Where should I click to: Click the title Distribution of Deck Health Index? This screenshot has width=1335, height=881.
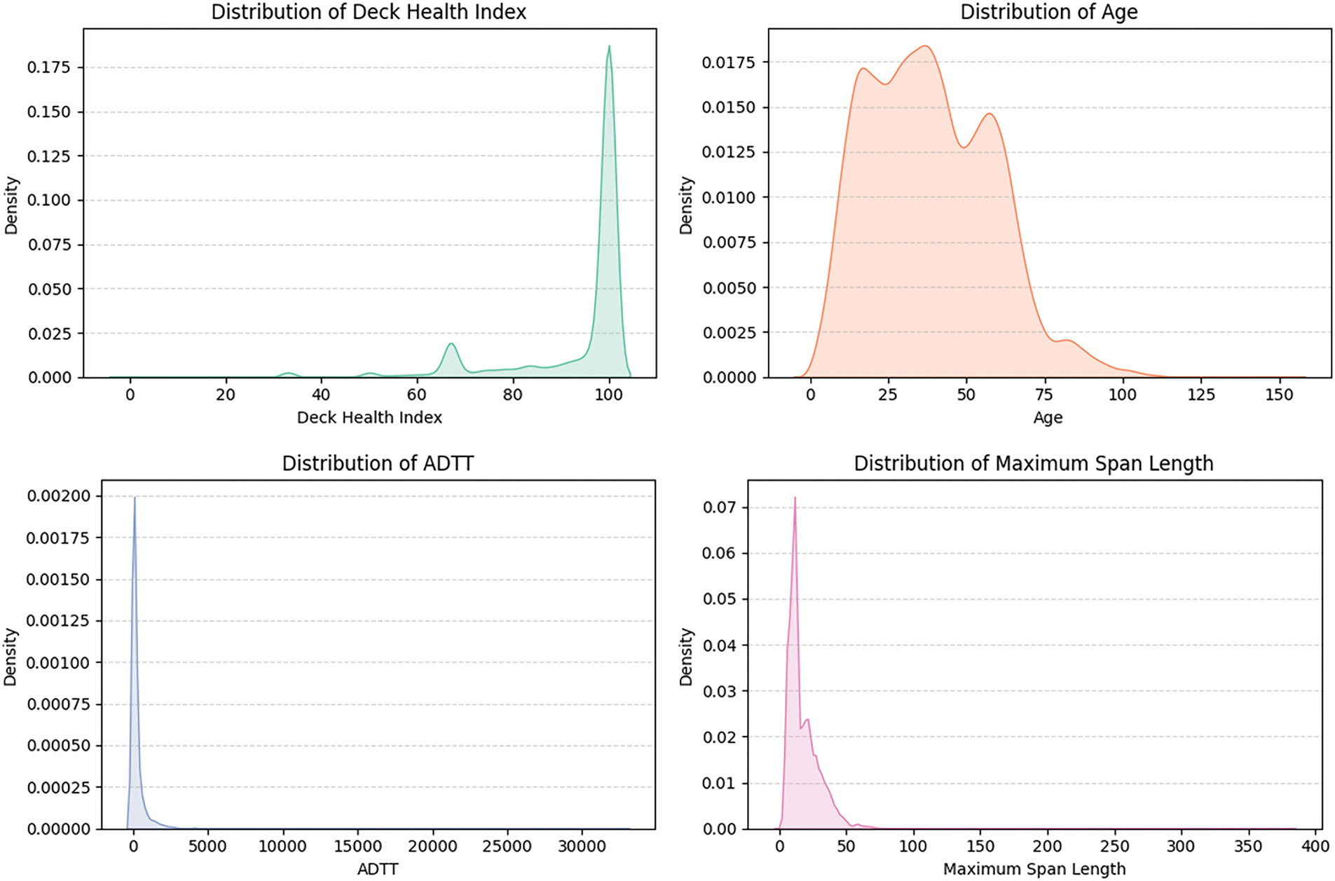369,12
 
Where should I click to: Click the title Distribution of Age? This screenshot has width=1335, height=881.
1048,12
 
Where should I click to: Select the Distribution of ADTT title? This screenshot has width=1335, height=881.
378,463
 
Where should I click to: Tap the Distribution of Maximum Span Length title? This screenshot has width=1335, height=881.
1033,463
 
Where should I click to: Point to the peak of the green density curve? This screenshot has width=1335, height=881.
609,47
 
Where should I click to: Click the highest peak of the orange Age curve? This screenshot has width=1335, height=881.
925,46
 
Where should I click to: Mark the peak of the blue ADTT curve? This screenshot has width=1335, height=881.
135,498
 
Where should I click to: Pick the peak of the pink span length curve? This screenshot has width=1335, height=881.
795,498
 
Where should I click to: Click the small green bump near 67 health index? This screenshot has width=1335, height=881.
451,344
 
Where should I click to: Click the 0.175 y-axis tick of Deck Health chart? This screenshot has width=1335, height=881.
49,67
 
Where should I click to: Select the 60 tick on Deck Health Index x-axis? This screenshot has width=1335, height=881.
417,395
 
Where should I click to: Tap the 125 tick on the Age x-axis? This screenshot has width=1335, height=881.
1200,395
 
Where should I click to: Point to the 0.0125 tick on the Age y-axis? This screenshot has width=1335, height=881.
729,152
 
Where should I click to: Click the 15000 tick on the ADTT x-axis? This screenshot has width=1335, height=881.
357,846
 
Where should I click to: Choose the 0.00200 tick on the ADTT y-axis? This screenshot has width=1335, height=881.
59,496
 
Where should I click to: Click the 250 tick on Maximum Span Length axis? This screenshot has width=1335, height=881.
1114,846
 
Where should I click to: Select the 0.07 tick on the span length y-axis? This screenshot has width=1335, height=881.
720,507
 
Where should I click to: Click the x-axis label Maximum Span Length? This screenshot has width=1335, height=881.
1034,869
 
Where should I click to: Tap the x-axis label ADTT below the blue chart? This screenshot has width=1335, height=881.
378,869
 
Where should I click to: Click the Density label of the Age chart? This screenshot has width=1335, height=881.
685,205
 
